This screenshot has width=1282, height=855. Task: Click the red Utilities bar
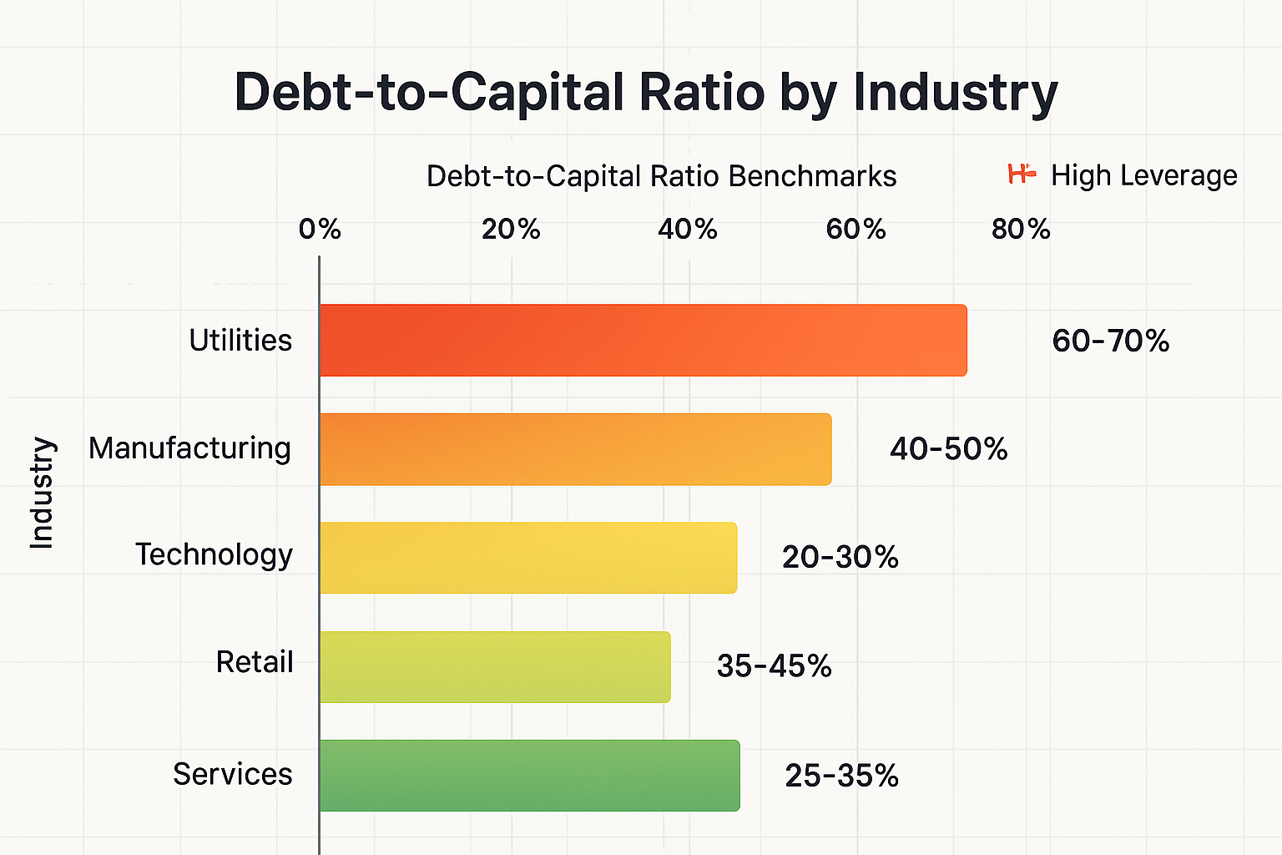point(643,340)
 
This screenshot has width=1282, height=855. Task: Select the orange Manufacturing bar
point(575,448)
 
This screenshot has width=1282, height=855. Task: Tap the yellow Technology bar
point(527,557)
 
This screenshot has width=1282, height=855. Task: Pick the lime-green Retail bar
point(494,666)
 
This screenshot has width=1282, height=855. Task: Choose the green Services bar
point(529,775)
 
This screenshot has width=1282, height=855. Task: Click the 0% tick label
point(320,229)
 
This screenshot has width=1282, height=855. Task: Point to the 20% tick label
point(511,229)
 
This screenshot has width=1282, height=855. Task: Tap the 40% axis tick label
point(687,229)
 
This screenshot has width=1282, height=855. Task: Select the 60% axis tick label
point(856,229)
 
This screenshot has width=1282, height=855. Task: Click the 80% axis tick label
point(1021,229)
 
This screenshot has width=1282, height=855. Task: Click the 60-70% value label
point(1110,341)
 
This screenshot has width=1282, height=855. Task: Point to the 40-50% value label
point(948,449)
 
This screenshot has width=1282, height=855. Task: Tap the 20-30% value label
point(840,557)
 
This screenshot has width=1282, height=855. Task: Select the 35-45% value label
point(774,665)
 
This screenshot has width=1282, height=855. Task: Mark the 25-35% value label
point(841,776)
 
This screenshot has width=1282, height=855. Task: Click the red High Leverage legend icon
point(1022,174)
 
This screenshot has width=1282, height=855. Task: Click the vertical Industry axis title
point(42,493)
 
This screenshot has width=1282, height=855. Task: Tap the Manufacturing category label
point(189,448)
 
